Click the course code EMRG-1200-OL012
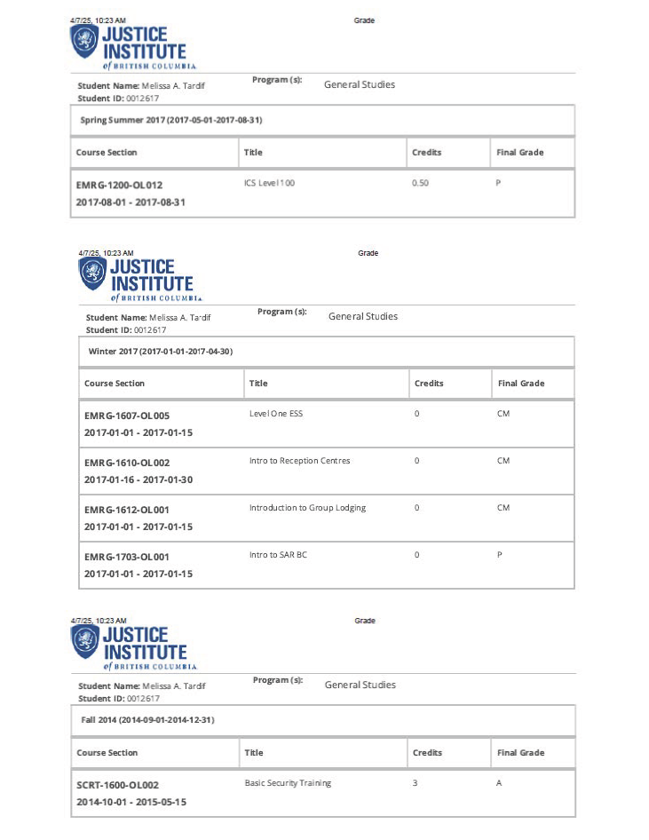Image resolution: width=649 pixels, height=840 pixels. (x=119, y=186)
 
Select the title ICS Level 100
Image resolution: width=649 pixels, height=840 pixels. (x=269, y=182)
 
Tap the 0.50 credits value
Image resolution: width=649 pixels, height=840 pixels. (x=420, y=182)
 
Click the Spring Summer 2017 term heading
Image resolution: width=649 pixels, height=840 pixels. (x=170, y=120)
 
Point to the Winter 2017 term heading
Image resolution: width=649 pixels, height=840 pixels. (x=160, y=352)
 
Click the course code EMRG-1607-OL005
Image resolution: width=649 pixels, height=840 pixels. (x=126, y=416)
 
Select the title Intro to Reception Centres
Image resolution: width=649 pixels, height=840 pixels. (x=299, y=461)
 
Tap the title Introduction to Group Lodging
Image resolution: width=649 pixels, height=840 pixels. (x=307, y=508)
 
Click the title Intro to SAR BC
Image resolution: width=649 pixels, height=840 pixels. (x=278, y=555)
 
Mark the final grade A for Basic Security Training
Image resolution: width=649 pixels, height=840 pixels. (x=500, y=783)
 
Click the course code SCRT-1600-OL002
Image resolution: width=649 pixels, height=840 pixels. (x=117, y=786)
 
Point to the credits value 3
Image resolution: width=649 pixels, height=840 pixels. (x=416, y=783)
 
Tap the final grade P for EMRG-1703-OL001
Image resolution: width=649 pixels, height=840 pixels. (x=501, y=555)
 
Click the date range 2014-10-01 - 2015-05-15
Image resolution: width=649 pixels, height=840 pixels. (x=131, y=803)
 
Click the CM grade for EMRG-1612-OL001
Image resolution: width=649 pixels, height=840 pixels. (x=503, y=508)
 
